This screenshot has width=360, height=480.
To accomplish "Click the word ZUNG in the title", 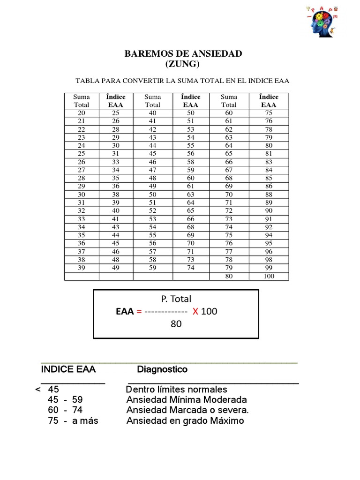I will pyautogui.click(x=183, y=64).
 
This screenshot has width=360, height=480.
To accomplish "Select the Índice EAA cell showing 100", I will pyautogui.click(x=269, y=276).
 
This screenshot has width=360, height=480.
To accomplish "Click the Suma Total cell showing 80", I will pyautogui.click(x=229, y=276).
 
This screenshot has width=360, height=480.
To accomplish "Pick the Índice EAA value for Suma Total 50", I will pyautogui.click(x=191, y=195).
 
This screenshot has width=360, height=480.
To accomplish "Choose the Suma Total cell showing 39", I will pyautogui.click(x=82, y=268).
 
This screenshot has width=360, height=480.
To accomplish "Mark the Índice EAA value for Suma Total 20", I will pyautogui.click(x=115, y=113).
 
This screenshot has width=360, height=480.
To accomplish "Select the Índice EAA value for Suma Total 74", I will pyautogui.click(x=269, y=227).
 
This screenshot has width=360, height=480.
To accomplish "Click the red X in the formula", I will pyautogui.click(x=195, y=311).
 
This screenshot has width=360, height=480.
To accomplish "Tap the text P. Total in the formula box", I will pyautogui.click(x=176, y=299).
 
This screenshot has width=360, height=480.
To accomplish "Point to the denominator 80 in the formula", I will pyautogui.click(x=176, y=323).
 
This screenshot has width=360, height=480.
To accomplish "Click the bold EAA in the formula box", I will pyautogui.click(x=125, y=311).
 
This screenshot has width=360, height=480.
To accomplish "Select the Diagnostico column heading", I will pyautogui.click(x=162, y=369).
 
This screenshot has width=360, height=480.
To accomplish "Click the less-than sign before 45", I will pyautogui.click(x=37, y=390).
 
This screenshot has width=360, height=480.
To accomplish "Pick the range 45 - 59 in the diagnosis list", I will pyautogui.click(x=65, y=400).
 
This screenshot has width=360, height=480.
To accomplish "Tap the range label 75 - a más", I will pyautogui.click(x=73, y=420).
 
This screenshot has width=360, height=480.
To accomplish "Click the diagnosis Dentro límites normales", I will pyautogui.click(x=177, y=390).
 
